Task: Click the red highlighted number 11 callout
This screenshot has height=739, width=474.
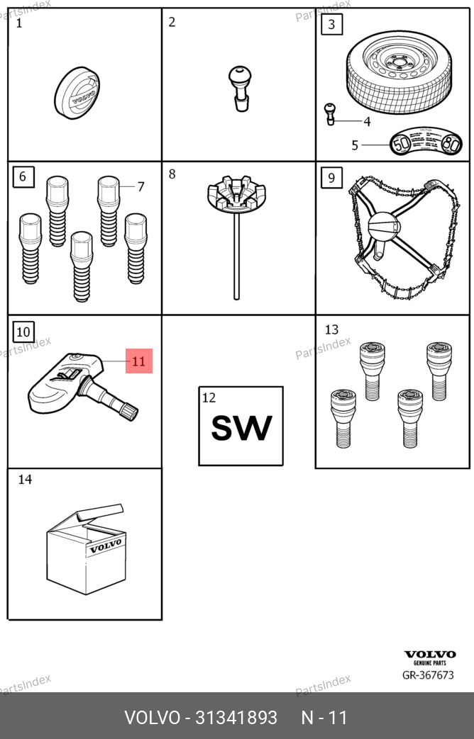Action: (139, 361)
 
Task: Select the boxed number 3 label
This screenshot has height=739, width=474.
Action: (331, 26)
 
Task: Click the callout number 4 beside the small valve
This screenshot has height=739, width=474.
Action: (367, 122)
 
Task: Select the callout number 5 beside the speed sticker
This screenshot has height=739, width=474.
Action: (355, 146)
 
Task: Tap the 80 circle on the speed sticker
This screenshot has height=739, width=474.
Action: (451, 145)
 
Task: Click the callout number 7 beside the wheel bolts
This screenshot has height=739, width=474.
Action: (140, 187)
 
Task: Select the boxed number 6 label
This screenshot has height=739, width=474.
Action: (23, 176)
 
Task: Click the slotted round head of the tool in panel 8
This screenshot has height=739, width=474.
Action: (236, 195)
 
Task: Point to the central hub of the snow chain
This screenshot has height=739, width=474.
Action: (384, 228)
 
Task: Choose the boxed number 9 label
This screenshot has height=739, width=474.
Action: (331, 176)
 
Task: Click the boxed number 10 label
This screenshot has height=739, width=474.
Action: (23, 331)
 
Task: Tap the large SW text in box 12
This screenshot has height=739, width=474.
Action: (241, 429)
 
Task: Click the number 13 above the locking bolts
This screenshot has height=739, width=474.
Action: (331, 329)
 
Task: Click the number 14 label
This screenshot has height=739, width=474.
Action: (25, 480)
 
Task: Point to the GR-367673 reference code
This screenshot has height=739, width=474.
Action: (428, 675)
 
